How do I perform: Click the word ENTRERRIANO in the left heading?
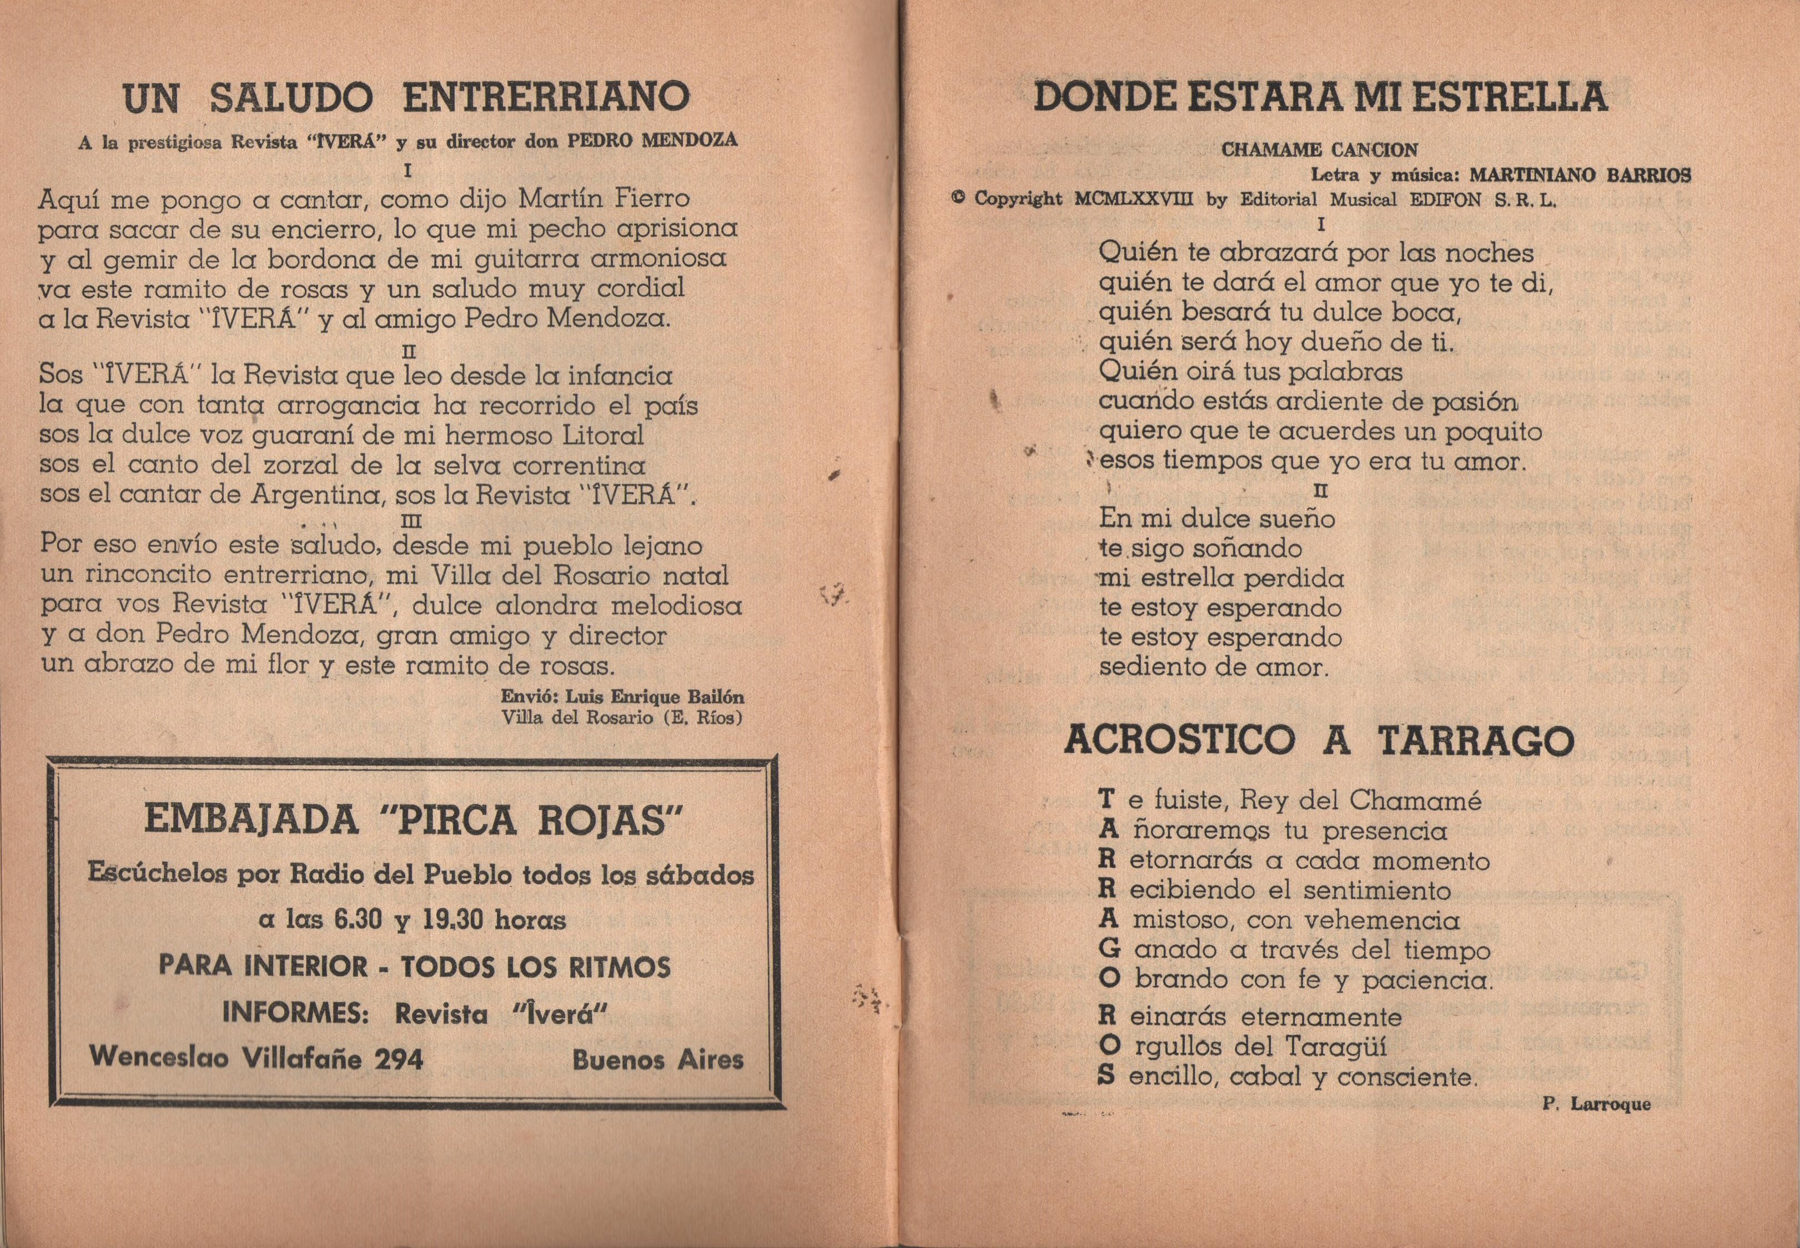(x=545, y=98)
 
